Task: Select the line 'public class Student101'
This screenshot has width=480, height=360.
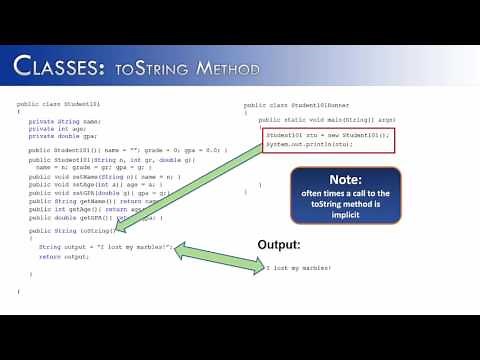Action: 59,104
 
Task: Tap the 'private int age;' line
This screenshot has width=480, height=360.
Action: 57,128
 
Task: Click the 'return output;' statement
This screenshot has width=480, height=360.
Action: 64,257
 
